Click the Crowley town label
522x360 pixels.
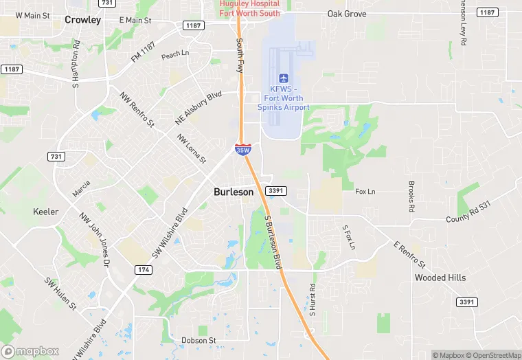[x=82, y=20]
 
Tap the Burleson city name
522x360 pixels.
[x=233, y=192]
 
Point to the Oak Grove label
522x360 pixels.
[x=347, y=14]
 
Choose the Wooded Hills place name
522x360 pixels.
[x=440, y=278]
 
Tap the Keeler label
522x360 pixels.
[x=46, y=212]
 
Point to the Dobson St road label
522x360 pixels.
[x=198, y=340]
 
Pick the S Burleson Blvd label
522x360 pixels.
[x=273, y=241]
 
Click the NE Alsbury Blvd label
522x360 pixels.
[x=198, y=108]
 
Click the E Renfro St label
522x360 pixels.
[x=410, y=254]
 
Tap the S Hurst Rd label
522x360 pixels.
[x=311, y=300]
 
